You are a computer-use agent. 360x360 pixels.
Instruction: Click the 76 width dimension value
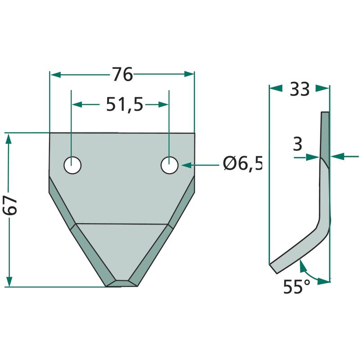(x=122, y=74)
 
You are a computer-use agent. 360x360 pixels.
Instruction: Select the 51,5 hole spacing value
(x=125, y=104)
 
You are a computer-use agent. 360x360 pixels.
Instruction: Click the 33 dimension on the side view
(x=300, y=89)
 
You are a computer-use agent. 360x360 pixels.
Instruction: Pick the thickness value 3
(x=298, y=144)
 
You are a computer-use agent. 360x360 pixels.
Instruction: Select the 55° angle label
(x=297, y=287)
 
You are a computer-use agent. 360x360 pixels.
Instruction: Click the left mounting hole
(x=72, y=165)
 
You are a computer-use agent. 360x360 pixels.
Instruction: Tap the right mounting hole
(x=170, y=165)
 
